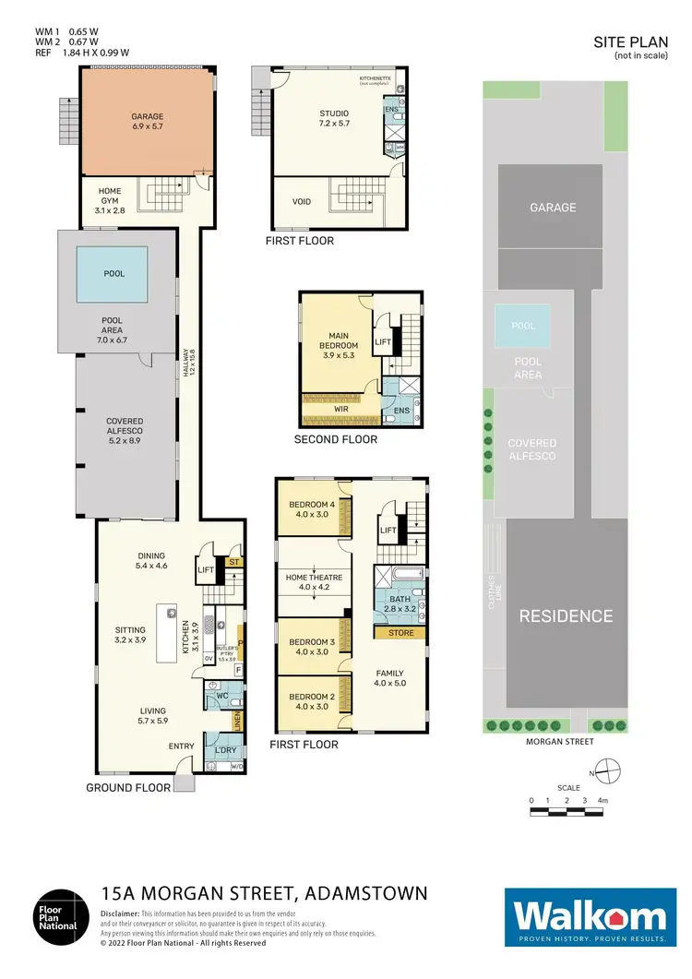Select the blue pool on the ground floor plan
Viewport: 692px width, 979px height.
(x=113, y=274)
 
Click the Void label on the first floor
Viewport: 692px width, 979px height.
(x=301, y=202)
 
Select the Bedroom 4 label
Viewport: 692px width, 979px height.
(x=314, y=509)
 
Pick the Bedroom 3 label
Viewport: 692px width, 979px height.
(x=312, y=647)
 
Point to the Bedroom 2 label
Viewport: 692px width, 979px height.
(x=312, y=701)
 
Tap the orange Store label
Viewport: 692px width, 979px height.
(x=400, y=633)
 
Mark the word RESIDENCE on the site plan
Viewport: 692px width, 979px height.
(x=565, y=615)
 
